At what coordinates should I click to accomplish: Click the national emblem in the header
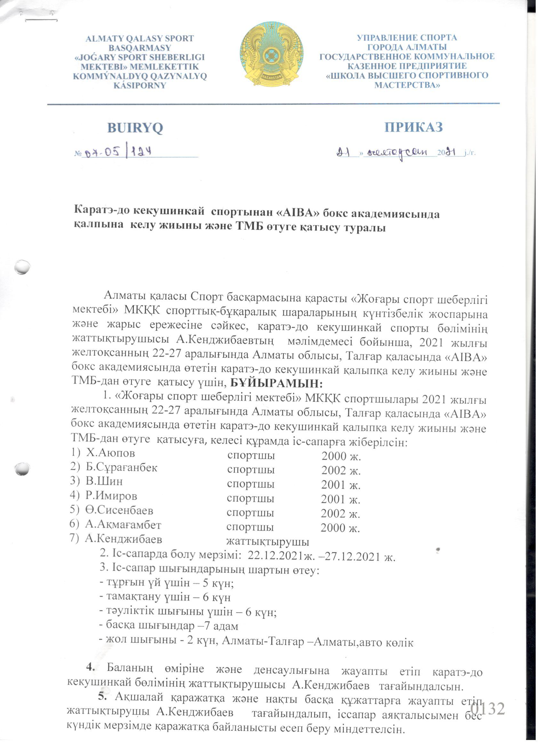(271, 54)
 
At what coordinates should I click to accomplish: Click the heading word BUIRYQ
(135, 128)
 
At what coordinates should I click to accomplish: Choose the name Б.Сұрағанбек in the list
(121, 467)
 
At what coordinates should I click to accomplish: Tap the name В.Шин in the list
(104, 481)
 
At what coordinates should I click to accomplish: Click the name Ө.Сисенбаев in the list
(119, 510)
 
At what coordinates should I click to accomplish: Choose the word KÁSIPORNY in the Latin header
(140, 85)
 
